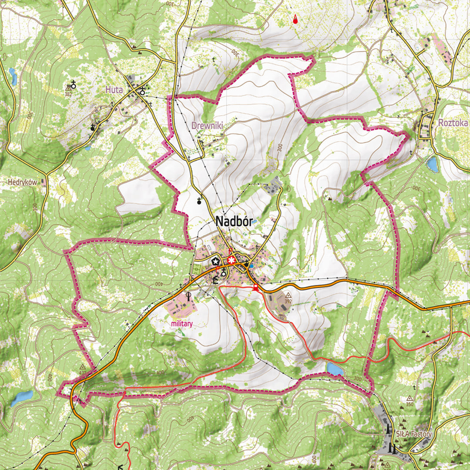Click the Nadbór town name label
(234, 222)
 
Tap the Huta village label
(114, 90)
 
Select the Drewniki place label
(207, 125)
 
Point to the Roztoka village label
(453, 123)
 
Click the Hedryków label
(22, 182)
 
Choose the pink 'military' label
(181, 324)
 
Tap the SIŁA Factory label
(414, 434)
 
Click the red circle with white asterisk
(231, 260)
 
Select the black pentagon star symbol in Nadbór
(215, 261)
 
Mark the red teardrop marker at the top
(295, 19)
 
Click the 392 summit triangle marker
(288, 295)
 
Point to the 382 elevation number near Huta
(68, 94)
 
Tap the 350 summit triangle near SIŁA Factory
(410, 398)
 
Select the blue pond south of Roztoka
(432, 164)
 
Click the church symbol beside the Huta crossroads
(142, 91)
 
